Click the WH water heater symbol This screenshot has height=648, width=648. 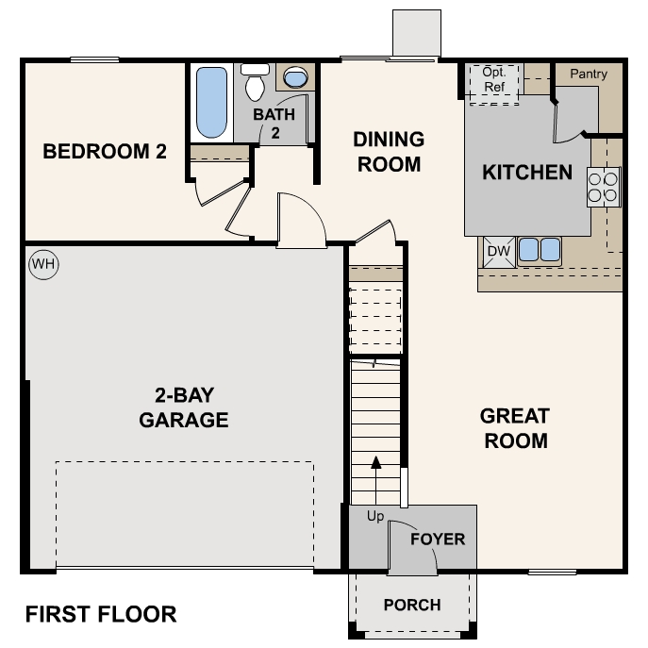(43, 265)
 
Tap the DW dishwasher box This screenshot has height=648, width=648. (498, 251)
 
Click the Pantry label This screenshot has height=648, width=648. (589, 74)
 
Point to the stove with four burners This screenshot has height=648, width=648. (604, 186)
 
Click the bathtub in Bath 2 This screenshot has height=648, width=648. (211, 103)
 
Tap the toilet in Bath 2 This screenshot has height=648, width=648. (255, 83)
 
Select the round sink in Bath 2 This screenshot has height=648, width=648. (295, 77)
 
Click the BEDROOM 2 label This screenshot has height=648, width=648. (111, 151)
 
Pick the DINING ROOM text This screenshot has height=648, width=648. (389, 152)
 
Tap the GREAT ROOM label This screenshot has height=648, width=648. (515, 428)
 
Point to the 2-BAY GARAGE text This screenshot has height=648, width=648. (184, 407)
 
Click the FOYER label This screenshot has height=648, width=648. (438, 540)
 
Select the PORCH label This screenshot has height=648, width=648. (413, 605)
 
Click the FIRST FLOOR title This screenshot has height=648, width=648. (101, 615)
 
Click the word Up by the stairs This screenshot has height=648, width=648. (375, 516)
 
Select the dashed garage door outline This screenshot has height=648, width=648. (184, 514)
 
